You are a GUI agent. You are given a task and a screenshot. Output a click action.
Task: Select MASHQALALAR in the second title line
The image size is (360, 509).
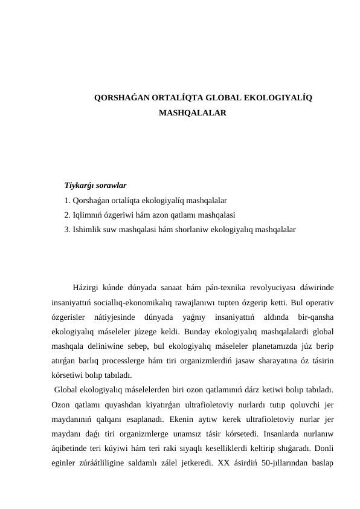(192, 112)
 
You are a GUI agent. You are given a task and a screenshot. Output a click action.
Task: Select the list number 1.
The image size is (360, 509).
(67, 199)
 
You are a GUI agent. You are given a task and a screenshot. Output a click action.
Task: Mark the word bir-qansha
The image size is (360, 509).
(317, 317)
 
